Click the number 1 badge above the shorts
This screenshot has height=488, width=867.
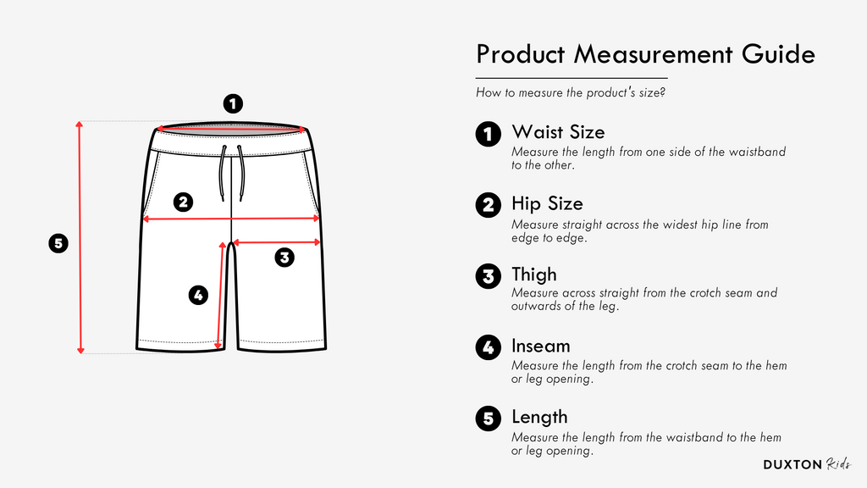click(233, 103)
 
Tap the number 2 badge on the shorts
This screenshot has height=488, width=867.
click(183, 202)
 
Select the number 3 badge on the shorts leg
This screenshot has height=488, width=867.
click(284, 258)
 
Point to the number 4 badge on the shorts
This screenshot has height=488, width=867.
click(198, 295)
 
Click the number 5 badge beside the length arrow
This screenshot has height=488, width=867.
click(58, 243)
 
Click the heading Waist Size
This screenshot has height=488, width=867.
click(558, 131)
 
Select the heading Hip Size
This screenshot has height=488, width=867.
click(547, 203)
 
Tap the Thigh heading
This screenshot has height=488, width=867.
click(534, 275)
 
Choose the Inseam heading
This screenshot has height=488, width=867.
click(540, 346)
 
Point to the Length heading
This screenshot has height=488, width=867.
click(539, 417)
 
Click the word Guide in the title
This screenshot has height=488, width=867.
click(779, 54)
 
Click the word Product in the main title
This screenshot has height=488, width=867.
click(521, 54)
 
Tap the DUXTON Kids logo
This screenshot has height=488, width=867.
click(807, 464)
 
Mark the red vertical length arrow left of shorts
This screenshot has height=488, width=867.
click(80, 237)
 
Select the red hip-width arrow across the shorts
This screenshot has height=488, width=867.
click(232, 219)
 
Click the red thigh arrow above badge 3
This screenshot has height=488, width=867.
click(277, 242)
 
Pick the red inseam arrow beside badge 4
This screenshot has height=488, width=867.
click(220, 296)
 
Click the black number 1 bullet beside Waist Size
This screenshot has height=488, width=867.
click(489, 134)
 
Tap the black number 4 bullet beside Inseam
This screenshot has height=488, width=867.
click(489, 348)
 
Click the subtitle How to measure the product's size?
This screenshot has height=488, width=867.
click(571, 92)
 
